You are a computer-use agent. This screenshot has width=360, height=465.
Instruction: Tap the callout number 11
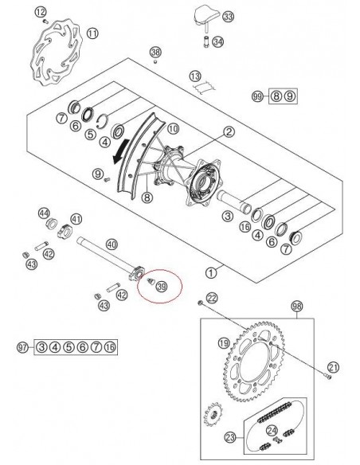tap(94, 33)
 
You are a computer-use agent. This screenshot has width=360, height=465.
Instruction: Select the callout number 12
tap(41, 11)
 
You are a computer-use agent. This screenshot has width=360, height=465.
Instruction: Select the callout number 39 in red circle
tap(161, 287)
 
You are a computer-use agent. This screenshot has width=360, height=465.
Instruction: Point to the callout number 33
tap(229, 16)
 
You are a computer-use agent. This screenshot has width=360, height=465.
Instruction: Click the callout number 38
tap(155, 52)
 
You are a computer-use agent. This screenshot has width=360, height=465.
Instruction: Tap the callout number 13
tap(194, 75)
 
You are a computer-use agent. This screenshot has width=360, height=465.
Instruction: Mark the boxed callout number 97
tap(23, 347)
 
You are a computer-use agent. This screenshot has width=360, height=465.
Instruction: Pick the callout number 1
tap(210, 272)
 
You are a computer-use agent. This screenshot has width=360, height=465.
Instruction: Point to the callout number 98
tap(297, 306)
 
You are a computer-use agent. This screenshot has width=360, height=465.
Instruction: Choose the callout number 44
tap(45, 213)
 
